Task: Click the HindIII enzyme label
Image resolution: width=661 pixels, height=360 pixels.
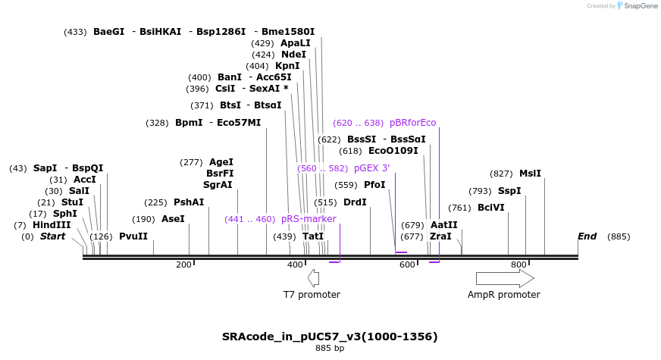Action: pos(52,225)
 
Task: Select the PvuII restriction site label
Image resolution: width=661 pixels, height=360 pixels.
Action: pos(133,236)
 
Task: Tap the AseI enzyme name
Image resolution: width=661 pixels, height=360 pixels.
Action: pos(173,219)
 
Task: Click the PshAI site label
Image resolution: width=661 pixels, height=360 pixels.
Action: pos(189,202)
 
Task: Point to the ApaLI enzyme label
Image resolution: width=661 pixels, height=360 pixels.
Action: pos(296,43)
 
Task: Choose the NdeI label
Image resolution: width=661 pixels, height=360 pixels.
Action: pos(293,55)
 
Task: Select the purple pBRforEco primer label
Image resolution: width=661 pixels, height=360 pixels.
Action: pos(412,123)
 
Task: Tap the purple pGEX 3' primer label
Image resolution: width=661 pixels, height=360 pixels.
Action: pos(371,168)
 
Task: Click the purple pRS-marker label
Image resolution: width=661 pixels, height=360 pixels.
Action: pos(309,219)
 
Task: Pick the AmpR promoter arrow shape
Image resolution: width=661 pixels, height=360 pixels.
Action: pos(505,278)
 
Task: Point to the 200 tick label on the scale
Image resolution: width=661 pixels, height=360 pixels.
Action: pos(183,265)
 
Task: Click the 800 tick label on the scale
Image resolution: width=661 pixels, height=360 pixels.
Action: pos(518,265)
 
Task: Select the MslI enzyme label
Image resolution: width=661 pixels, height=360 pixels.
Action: pos(530,174)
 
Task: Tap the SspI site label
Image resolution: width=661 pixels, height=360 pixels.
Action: pos(509,191)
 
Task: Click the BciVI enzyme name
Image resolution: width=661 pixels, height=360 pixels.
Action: pos(490,208)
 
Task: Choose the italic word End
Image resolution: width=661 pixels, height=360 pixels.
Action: pos(587,236)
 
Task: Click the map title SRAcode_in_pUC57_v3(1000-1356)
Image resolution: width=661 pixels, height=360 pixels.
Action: pos(330,337)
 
